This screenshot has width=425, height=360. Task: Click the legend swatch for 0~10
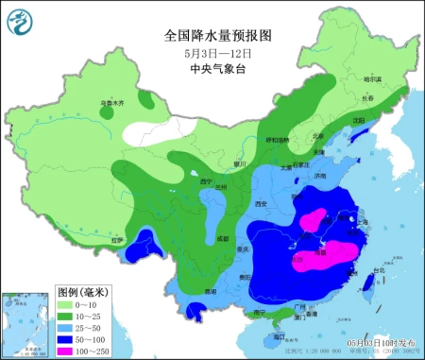pos(69,306)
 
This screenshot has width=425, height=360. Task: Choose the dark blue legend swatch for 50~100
pos(69,337)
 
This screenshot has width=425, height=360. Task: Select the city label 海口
pos(279,335)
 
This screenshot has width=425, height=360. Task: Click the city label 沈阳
pos(358,121)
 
